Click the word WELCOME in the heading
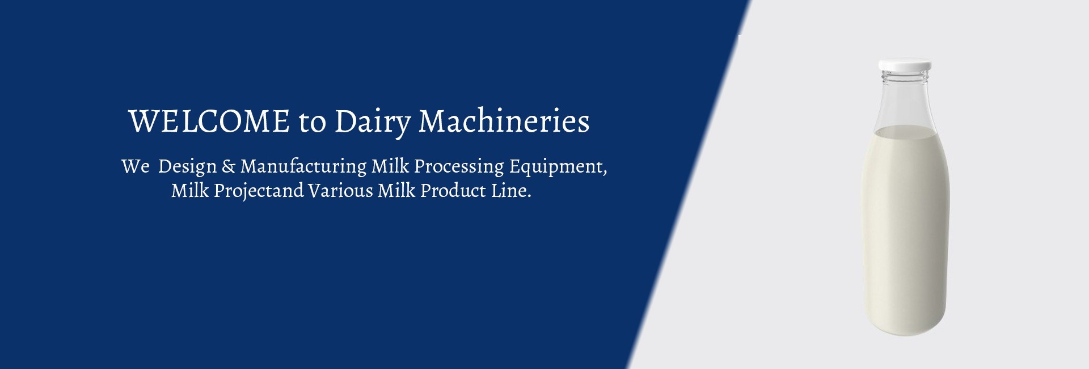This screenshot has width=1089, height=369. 209,121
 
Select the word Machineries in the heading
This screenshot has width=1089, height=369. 504,121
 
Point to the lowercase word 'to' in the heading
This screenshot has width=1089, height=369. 312,123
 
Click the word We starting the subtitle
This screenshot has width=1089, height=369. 135,167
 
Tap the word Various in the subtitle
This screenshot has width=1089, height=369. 341,191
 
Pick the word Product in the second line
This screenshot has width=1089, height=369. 452,191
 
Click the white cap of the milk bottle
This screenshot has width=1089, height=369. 905,66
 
